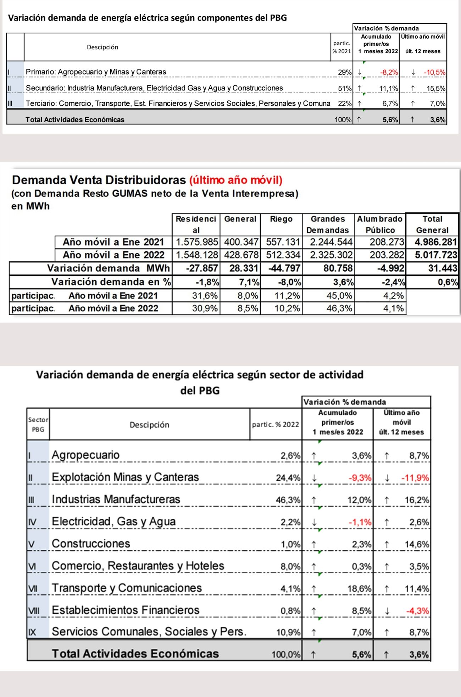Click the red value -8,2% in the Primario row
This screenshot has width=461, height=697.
(x=389, y=72)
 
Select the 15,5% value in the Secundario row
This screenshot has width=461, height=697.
(x=436, y=88)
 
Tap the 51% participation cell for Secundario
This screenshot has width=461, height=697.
(x=344, y=88)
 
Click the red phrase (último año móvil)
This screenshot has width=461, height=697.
(x=236, y=180)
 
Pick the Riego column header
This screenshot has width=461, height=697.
(x=281, y=219)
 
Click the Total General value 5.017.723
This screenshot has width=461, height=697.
(x=436, y=255)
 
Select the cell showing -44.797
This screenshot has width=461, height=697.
(x=282, y=268)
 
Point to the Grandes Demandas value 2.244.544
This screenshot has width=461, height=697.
(x=331, y=242)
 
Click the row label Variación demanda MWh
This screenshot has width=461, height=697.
(x=109, y=268)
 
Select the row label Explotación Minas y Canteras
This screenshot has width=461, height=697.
(x=125, y=477)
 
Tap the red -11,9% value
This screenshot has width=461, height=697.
(x=415, y=478)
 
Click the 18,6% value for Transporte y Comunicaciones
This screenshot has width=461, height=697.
(x=359, y=589)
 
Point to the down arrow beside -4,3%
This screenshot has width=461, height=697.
(x=387, y=611)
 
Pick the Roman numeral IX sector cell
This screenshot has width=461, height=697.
(x=32, y=632)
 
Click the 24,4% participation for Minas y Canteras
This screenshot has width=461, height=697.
(x=288, y=478)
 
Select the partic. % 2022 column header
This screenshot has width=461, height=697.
(x=276, y=424)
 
